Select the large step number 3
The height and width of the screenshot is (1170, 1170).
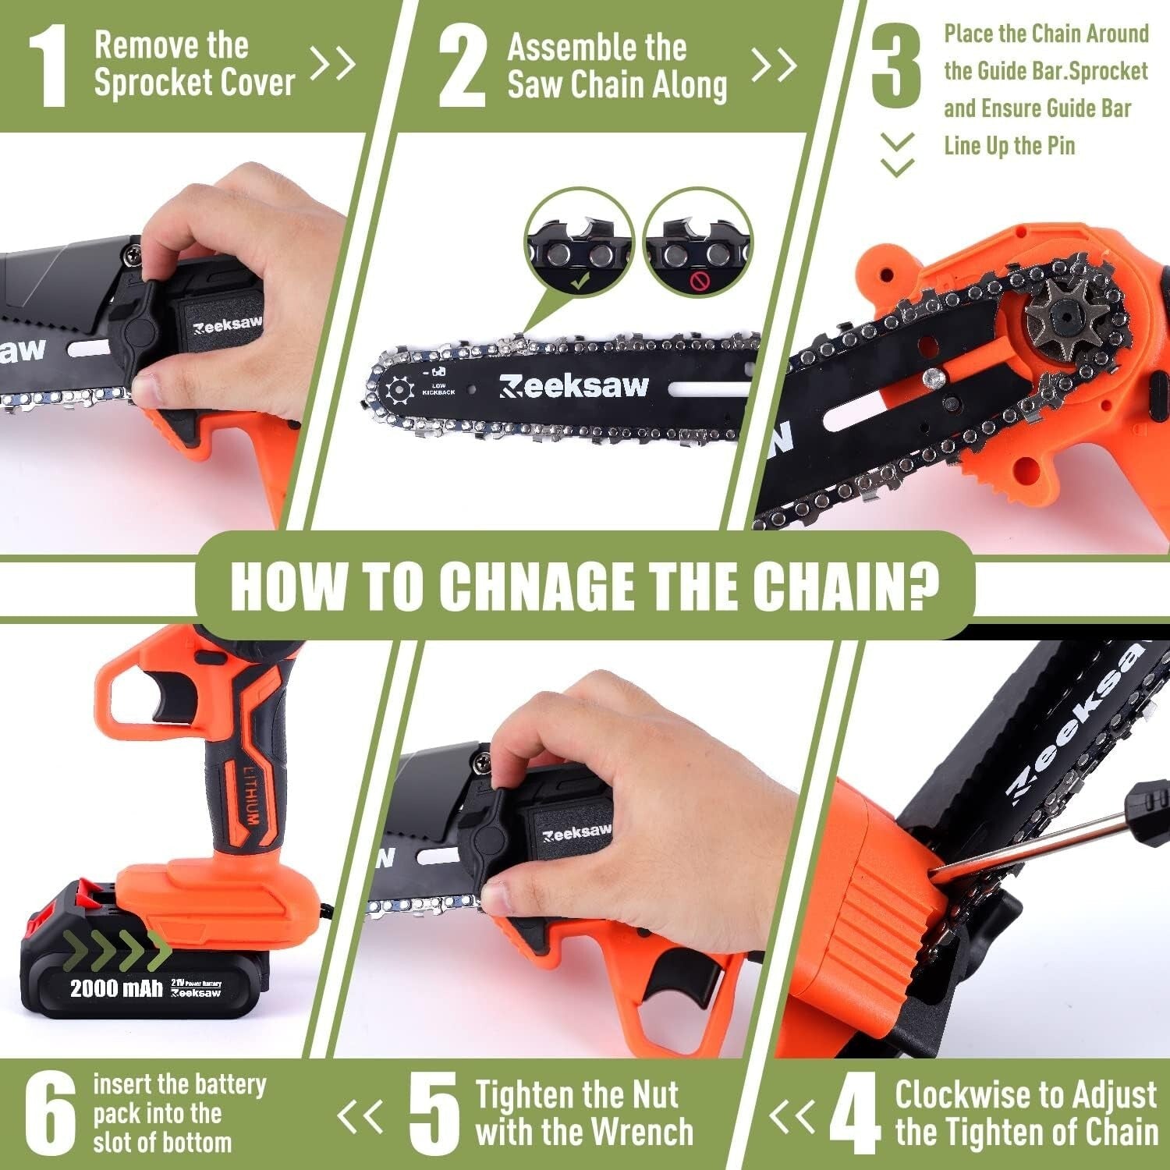click(x=896, y=66)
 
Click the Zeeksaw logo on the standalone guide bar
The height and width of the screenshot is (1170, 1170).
click(x=573, y=385)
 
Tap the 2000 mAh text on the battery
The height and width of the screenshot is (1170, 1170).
click(x=116, y=988)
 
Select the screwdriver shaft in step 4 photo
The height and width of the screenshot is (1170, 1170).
click(x=1037, y=844)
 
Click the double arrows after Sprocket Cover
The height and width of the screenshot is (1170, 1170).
click(x=333, y=64)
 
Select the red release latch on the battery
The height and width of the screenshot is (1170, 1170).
click(x=86, y=897)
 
